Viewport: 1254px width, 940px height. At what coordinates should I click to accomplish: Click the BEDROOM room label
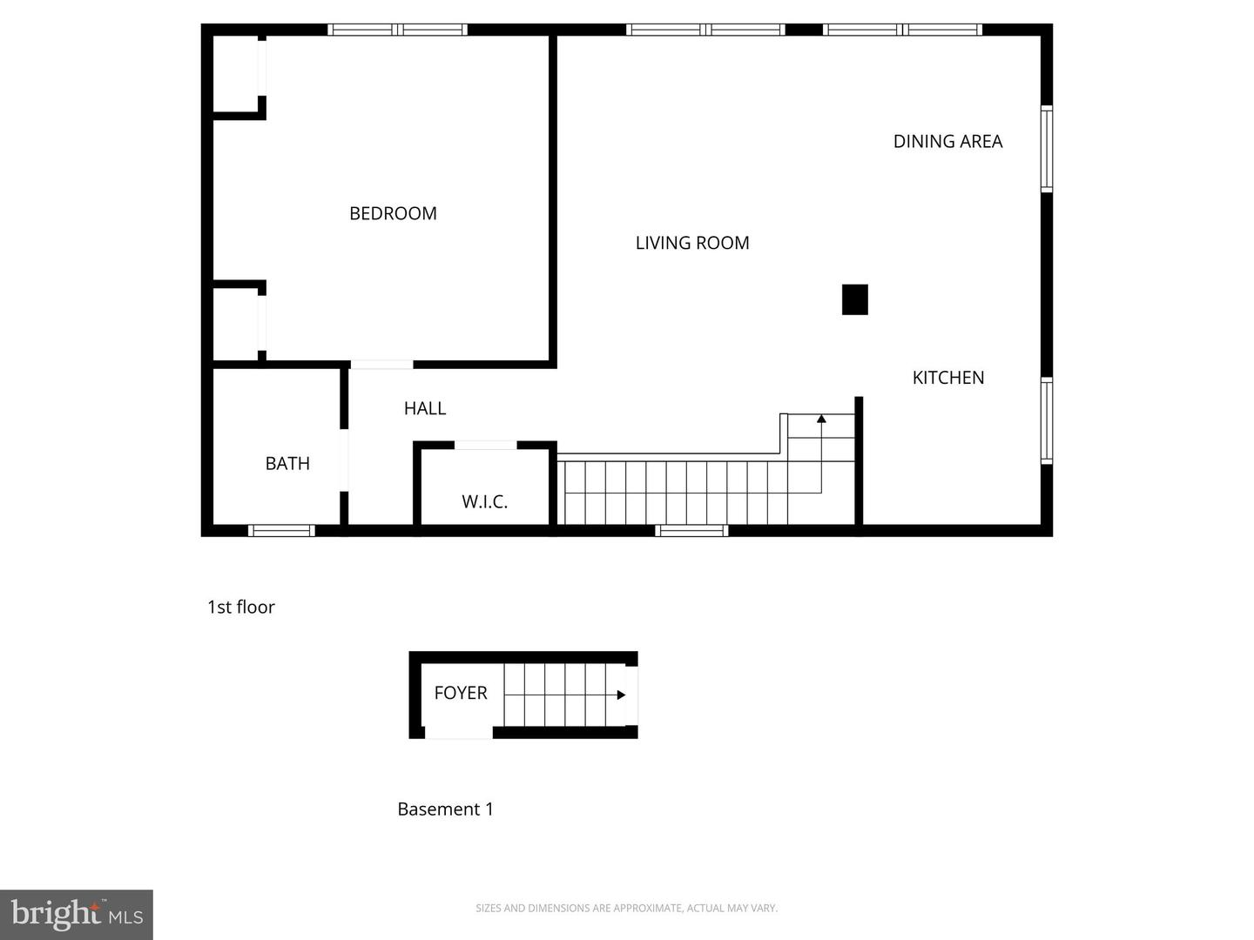[393, 213]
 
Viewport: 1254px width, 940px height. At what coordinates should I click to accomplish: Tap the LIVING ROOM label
[692, 243]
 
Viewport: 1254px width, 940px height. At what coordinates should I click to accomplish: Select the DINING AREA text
[947, 141]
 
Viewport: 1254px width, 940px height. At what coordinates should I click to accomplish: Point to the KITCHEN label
[948, 378]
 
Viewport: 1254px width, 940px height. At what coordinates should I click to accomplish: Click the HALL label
[425, 408]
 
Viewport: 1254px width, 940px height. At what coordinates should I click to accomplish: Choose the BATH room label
[287, 464]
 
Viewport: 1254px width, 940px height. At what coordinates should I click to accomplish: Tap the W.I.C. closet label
[484, 501]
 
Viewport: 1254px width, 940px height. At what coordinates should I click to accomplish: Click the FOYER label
[461, 693]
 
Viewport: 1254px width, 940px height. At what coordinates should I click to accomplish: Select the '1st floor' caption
[241, 608]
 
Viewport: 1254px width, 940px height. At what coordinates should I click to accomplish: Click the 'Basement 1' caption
[445, 809]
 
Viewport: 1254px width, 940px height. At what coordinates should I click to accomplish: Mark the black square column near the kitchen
[854, 299]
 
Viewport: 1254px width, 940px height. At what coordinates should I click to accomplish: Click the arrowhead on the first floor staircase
[821, 420]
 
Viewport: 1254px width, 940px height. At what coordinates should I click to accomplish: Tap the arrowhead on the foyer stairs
[621, 695]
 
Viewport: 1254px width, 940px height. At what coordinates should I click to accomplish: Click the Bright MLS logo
[77, 915]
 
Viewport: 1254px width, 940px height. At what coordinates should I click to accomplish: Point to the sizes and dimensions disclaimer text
[626, 908]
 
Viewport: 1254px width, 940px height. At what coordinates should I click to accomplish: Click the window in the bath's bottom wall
[281, 530]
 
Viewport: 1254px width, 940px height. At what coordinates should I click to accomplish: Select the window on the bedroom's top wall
[397, 30]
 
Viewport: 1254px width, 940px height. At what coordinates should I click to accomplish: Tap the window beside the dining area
[1047, 148]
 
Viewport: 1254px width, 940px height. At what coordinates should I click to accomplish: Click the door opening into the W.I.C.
[485, 446]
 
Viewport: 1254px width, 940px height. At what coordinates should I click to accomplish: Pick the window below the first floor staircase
[691, 530]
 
